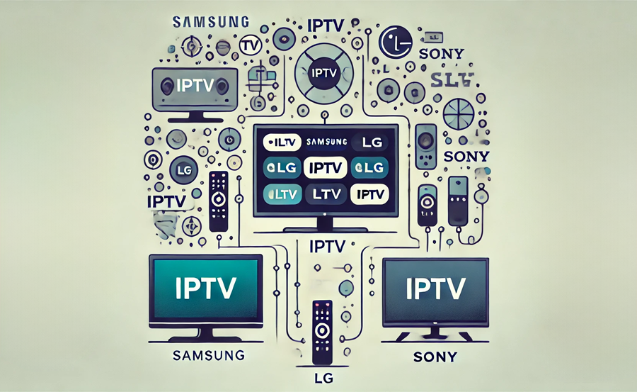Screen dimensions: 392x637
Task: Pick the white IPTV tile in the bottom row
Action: (370, 193)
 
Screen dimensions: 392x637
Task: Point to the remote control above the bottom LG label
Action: (322, 330)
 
